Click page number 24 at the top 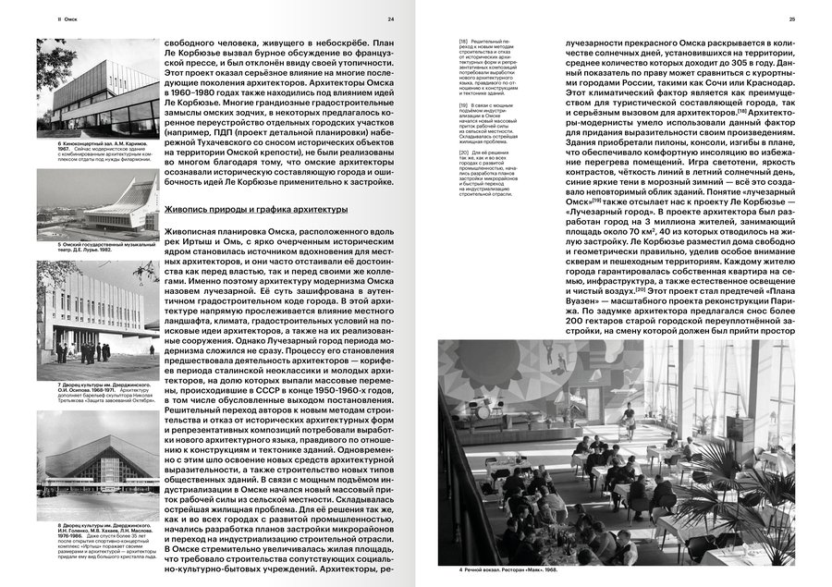coord(390,18)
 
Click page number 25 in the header coord(791,18)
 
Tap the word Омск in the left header coord(67,18)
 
